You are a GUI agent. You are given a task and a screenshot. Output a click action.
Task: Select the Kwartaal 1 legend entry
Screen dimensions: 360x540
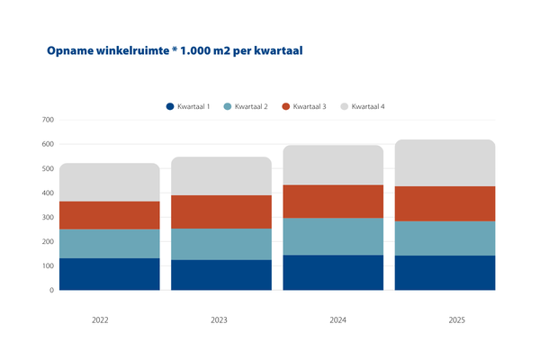click(x=188, y=107)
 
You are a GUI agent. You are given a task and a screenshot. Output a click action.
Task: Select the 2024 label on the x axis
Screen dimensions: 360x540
click(x=332, y=319)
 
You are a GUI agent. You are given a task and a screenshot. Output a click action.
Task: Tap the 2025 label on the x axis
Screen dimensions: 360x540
click(x=445, y=319)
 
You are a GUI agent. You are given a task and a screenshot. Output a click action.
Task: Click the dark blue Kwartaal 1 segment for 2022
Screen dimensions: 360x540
click(x=109, y=274)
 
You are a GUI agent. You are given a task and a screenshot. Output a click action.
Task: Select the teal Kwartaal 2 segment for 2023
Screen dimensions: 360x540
click(x=221, y=244)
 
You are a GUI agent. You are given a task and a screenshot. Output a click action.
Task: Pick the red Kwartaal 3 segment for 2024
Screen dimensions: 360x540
click(x=332, y=202)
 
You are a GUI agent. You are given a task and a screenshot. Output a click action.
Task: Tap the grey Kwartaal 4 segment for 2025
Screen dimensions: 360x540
click(x=445, y=163)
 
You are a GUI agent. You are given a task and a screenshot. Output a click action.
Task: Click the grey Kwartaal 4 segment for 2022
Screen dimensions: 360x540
click(x=109, y=183)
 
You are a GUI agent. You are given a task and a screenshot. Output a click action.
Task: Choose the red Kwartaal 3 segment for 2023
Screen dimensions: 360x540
click(x=221, y=211)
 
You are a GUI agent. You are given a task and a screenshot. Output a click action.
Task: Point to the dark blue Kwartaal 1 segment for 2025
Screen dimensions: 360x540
click(x=445, y=273)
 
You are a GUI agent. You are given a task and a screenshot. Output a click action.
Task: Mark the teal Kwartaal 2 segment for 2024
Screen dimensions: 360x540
click(x=332, y=237)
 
